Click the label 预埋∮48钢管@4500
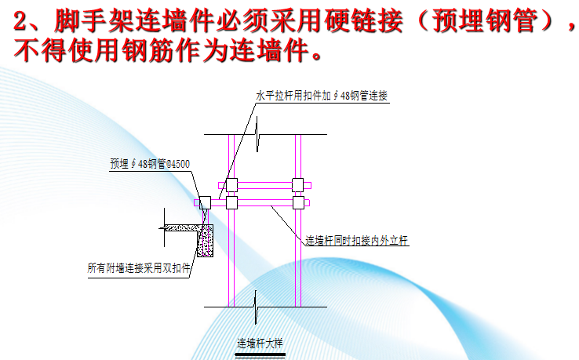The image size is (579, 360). (149, 164)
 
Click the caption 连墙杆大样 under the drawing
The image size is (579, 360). (259, 342)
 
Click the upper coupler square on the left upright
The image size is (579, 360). (231, 185)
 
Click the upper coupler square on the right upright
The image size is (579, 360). (297, 185)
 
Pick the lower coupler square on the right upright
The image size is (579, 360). (297, 202)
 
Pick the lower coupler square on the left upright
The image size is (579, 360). (231, 202)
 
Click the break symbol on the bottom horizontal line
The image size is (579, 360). (256, 306)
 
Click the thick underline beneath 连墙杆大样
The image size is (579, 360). (259, 354)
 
